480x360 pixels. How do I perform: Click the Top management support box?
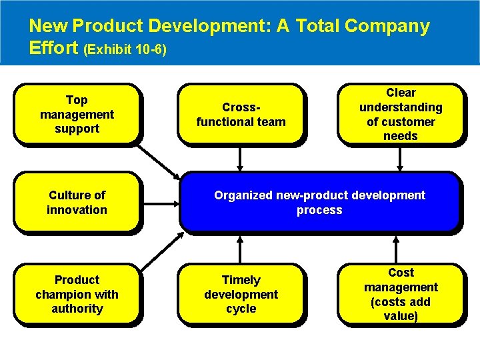pos(77,114)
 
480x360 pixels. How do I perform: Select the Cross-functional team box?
pos(241,114)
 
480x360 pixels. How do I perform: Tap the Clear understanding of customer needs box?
pos(400,114)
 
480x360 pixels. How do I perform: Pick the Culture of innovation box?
pos(77,203)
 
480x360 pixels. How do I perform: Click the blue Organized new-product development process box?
pos(319,203)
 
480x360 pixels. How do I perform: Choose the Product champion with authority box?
pos(77,294)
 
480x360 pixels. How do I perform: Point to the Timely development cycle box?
pos(241,294)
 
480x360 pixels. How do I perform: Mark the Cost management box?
pos(400,294)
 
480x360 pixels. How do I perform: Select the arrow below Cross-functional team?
pos(241,159)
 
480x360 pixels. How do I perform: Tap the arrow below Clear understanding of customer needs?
pos(400,159)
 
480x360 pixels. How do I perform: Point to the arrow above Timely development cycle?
pos(241,247)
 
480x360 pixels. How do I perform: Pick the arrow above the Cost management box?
pos(400,247)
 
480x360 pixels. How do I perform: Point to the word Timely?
pos(241,280)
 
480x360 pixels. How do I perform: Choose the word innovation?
pos(77,210)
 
